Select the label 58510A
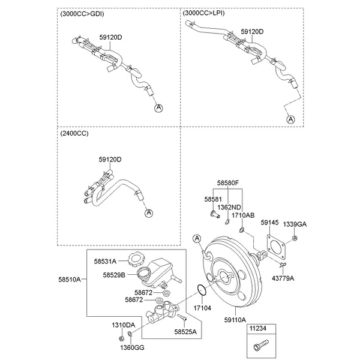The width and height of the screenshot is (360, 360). pyautogui.click(x=70, y=279)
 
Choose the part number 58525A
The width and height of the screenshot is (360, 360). pyautogui.click(x=185, y=331)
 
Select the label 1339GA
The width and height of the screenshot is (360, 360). pyautogui.click(x=295, y=224)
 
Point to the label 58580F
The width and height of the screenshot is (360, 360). pyautogui.click(x=228, y=182)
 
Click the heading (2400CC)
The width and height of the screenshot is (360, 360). pyautogui.click(x=74, y=133)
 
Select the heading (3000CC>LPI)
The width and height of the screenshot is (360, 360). pyautogui.click(x=204, y=12)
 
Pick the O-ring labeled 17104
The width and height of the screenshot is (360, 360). pyautogui.click(x=202, y=291)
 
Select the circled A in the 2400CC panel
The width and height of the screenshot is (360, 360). pyautogui.click(x=149, y=212)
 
